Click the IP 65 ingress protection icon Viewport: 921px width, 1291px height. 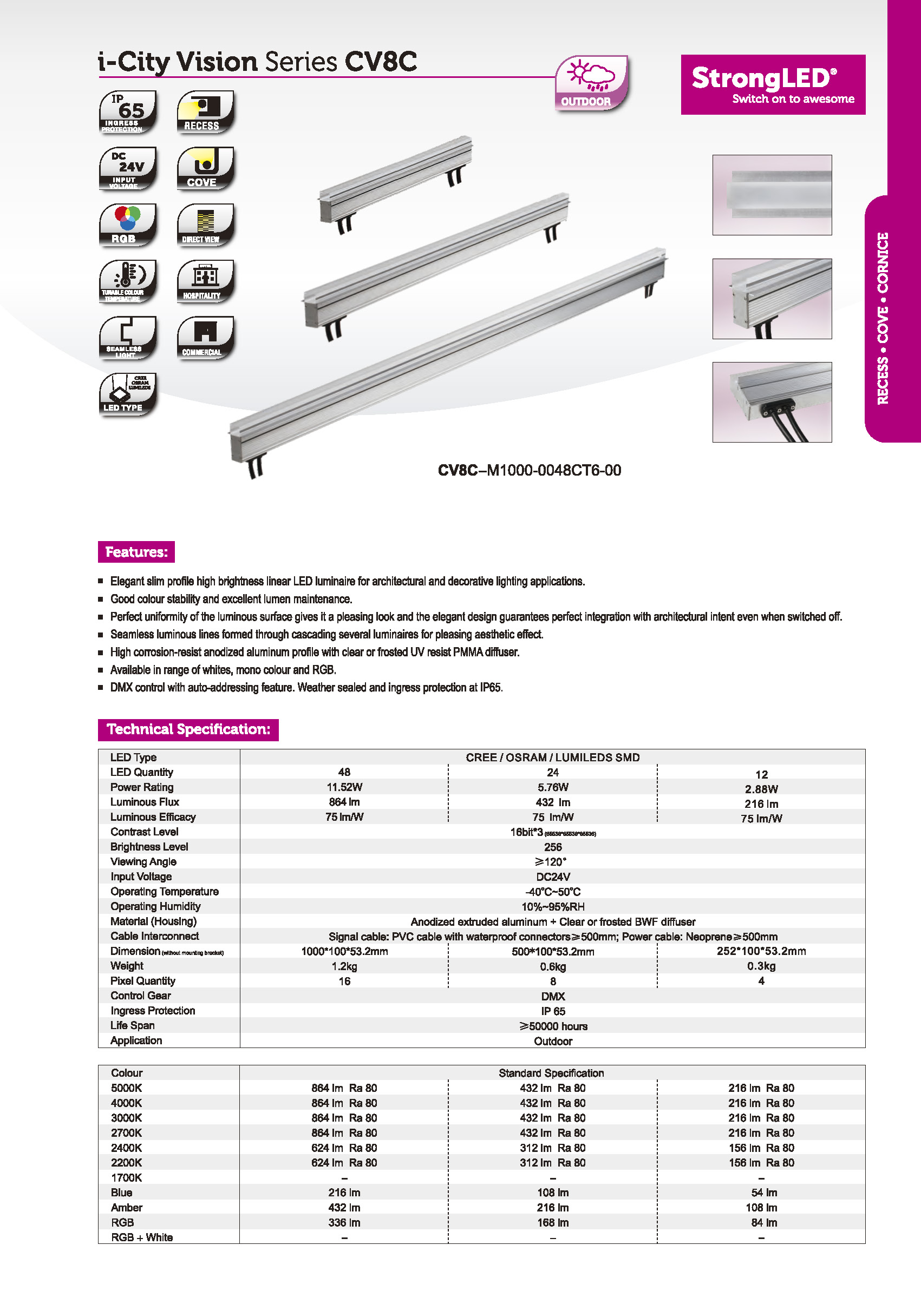128,111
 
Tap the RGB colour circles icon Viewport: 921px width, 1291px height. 128,225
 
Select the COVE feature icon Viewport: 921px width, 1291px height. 205,168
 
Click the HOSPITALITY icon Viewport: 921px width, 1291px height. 205,280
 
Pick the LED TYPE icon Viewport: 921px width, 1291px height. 128,393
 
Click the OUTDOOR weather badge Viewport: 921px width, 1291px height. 590,83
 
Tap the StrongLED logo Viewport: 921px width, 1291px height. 773,84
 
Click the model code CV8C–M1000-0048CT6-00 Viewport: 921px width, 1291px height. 529,470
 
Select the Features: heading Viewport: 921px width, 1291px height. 136,552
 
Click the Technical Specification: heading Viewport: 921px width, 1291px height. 188,729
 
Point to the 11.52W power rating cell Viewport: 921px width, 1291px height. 344,787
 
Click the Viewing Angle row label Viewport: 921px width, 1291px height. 143,861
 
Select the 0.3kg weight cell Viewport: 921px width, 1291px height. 761,966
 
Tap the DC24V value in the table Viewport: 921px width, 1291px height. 553,877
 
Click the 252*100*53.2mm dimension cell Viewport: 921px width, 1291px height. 761,951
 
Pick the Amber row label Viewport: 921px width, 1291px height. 127,1208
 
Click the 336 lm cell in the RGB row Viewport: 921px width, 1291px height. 344,1222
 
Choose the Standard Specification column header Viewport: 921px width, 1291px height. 551,1073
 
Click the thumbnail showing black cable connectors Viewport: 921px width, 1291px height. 772,402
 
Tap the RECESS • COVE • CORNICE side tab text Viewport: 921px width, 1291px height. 883,318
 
